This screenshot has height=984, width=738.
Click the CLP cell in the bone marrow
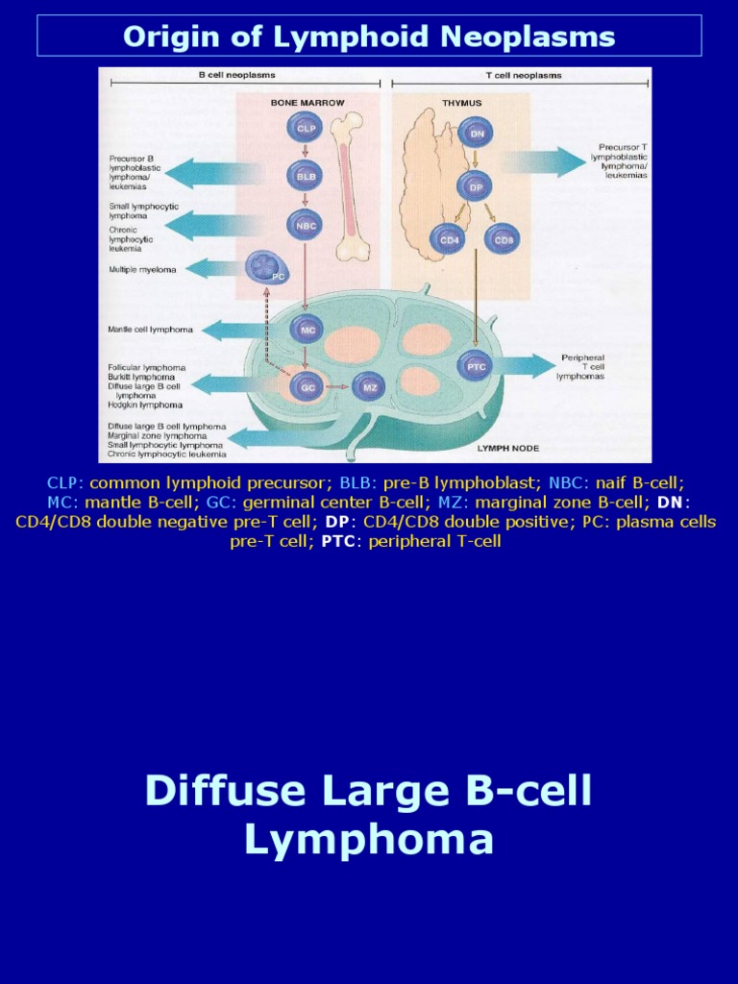(305, 128)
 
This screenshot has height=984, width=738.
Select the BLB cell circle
(305, 176)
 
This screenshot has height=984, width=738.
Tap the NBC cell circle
(305, 225)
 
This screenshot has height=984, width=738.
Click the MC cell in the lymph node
(307, 329)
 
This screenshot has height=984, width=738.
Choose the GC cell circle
(308, 387)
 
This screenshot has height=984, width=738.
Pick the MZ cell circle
(368, 387)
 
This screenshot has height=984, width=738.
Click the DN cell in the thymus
(476, 134)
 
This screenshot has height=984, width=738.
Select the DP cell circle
(476, 186)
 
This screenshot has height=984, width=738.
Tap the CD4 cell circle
(448, 237)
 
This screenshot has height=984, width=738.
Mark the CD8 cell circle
(501, 237)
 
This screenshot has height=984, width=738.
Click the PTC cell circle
(476, 366)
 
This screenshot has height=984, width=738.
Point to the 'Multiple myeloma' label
(142, 270)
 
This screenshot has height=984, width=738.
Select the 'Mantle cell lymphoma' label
(150, 330)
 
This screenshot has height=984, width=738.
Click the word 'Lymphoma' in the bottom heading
(369, 840)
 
